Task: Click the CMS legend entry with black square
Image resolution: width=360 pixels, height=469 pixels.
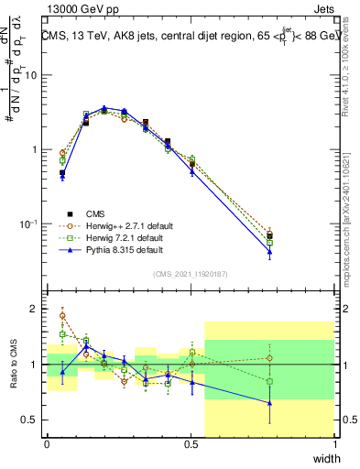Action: [x=93, y=213]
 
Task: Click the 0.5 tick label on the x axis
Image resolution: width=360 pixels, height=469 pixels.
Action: [x=191, y=442]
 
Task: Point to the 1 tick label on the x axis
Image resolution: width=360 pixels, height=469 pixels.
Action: [x=334, y=442]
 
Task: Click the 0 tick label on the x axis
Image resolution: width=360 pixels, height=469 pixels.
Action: [x=47, y=442]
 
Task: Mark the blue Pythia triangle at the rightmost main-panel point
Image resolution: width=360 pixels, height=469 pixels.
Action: [x=269, y=251]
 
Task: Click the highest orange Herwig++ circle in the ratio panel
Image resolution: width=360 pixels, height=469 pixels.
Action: [x=62, y=316]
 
